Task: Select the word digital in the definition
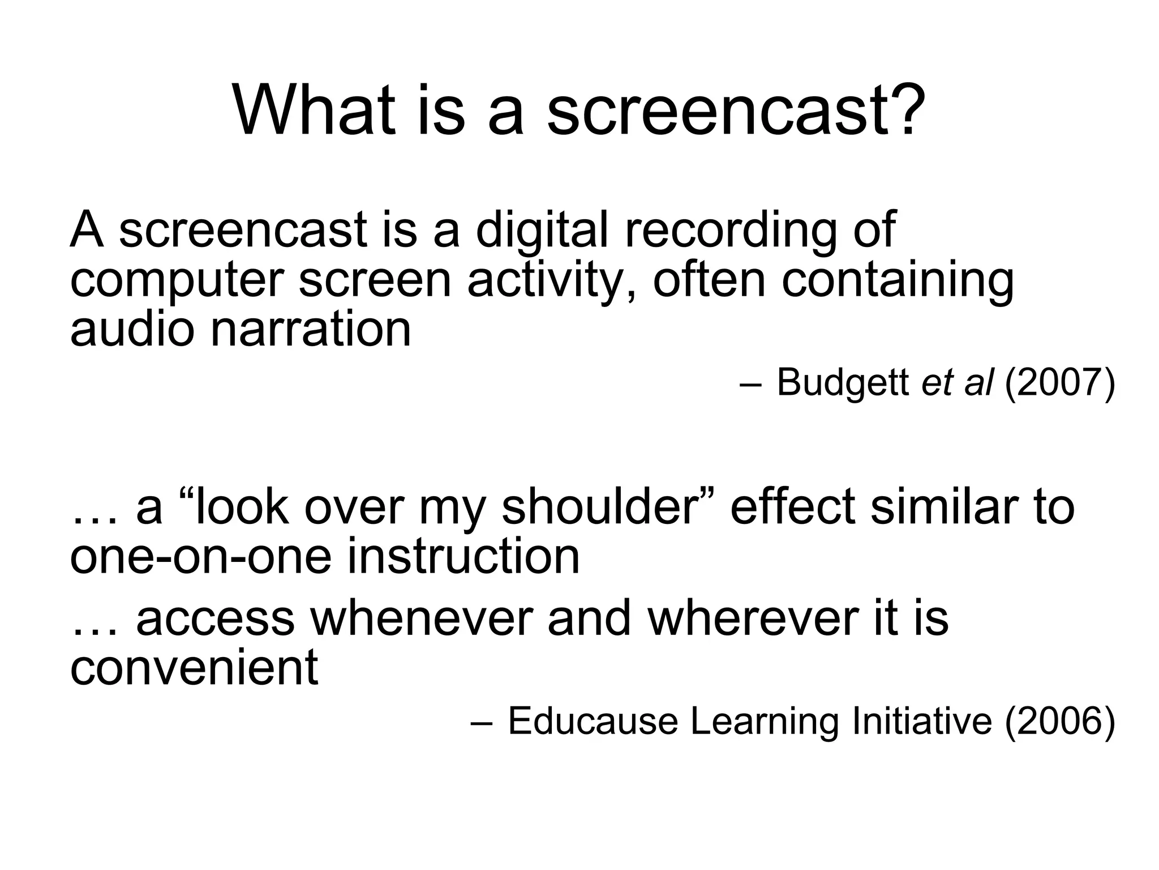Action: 542,231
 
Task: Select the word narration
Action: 311,330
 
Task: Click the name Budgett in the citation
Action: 843,382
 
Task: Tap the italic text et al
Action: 956,382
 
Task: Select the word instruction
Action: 463,557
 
